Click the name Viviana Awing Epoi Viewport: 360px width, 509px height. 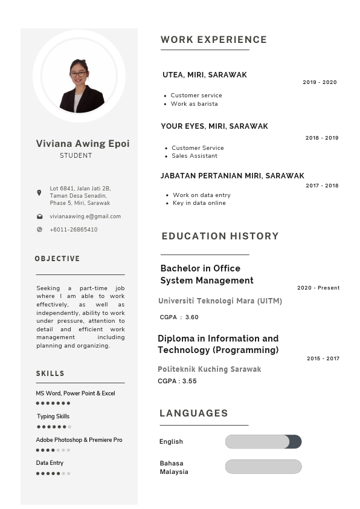83,144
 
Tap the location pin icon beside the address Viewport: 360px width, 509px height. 39,193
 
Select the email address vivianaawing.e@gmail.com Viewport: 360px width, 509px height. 85,216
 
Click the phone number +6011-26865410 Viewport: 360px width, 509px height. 73,230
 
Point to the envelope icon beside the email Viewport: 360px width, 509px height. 39,216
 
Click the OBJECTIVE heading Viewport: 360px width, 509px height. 57,259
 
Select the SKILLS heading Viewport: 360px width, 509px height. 50,374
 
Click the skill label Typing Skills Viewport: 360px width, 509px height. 53,417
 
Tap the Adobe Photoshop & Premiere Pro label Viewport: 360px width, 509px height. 79,440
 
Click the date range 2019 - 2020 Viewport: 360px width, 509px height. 320,82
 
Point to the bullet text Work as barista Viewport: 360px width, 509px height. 194,104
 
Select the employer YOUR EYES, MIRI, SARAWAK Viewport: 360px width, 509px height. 214,126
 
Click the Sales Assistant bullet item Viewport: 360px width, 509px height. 194,156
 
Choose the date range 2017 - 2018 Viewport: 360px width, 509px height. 322,186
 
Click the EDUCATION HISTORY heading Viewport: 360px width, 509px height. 220,236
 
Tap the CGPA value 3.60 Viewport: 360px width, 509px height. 191,317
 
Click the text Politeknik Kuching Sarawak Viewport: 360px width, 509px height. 210,369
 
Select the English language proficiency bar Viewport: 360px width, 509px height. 263,442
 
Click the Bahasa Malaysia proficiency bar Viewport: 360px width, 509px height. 263,467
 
